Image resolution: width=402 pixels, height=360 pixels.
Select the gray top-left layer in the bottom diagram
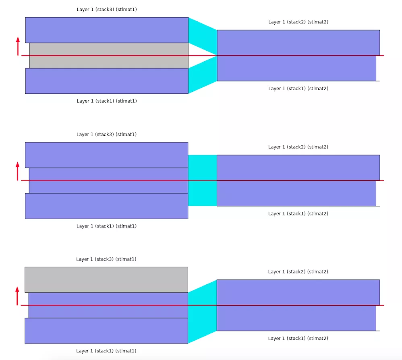[106, 279]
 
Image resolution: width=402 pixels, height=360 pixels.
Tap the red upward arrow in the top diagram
[18, 46]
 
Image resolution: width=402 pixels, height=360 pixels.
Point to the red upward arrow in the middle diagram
[17, 171]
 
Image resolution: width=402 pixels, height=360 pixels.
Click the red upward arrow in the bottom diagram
[17, 296]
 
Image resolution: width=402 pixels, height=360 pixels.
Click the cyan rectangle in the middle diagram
[202, 180]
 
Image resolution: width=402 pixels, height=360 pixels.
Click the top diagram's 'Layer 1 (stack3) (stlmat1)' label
[107, 9]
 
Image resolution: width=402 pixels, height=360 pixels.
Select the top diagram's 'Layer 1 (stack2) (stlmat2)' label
[298, 22]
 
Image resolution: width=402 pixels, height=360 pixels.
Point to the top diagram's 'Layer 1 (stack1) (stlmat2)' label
[298, 89]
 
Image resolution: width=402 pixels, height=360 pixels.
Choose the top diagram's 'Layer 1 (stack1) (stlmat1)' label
[107, 101]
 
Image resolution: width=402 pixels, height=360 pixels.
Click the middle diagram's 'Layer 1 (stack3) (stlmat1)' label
[106, 134]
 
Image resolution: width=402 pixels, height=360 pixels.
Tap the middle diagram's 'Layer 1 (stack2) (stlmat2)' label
[298, 147]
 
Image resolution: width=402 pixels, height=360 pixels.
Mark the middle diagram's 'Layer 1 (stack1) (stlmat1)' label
[106, 226]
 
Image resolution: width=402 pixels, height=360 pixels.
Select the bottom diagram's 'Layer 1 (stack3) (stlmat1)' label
[106, 259]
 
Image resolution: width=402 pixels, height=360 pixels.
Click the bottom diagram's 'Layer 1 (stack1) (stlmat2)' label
[298, 339]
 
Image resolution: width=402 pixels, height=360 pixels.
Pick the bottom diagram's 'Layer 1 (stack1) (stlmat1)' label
[106, 351]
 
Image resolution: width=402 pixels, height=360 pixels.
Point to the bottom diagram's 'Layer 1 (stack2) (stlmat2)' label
[298, 272]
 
